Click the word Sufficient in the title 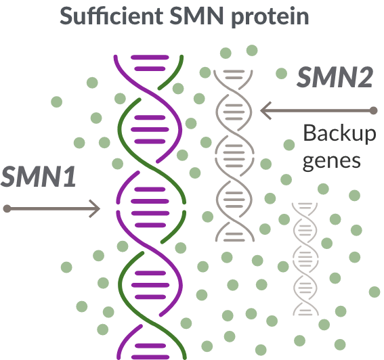pos(112,16)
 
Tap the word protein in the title pos(270,18)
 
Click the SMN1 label pos(38,177)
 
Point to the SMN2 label pos(335,77)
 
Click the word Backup pos(339,133)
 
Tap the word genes pos(332,162)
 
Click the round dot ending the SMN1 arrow pos(7,208)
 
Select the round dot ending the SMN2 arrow pos(373,110)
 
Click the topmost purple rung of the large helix pos(150,58)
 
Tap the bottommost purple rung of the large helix pos(150,357)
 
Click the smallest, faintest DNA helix pos(305,259)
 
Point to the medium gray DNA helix pos(234,156)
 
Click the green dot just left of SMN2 pos(281,73)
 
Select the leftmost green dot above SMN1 pos(57,102)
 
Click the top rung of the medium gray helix pos(234,72)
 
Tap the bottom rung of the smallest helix pos(305,314)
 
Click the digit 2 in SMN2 pos(364,77)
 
